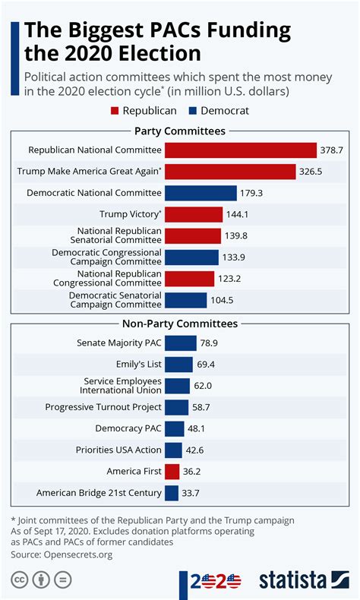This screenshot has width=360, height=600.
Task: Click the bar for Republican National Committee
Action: [241, 150]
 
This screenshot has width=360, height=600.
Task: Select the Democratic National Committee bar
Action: [201, 193]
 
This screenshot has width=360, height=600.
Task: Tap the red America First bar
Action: [172, 471]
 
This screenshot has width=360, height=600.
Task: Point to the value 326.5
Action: [311, 172]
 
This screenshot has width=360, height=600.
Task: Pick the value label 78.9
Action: [209, 343]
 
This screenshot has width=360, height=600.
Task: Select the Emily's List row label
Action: [134, 365]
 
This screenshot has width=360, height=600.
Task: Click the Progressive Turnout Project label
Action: [103, 407]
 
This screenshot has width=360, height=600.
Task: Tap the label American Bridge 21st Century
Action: [99, 493]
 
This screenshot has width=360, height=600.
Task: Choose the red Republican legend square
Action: [115, 111]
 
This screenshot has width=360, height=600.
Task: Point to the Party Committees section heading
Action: [179, 131]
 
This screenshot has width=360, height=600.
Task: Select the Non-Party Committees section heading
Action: [179, 324]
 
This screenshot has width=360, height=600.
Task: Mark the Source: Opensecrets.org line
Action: [61, 554]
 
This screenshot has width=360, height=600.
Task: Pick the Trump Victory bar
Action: [194, 214]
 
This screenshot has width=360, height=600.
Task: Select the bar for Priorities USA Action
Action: [173, 450]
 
